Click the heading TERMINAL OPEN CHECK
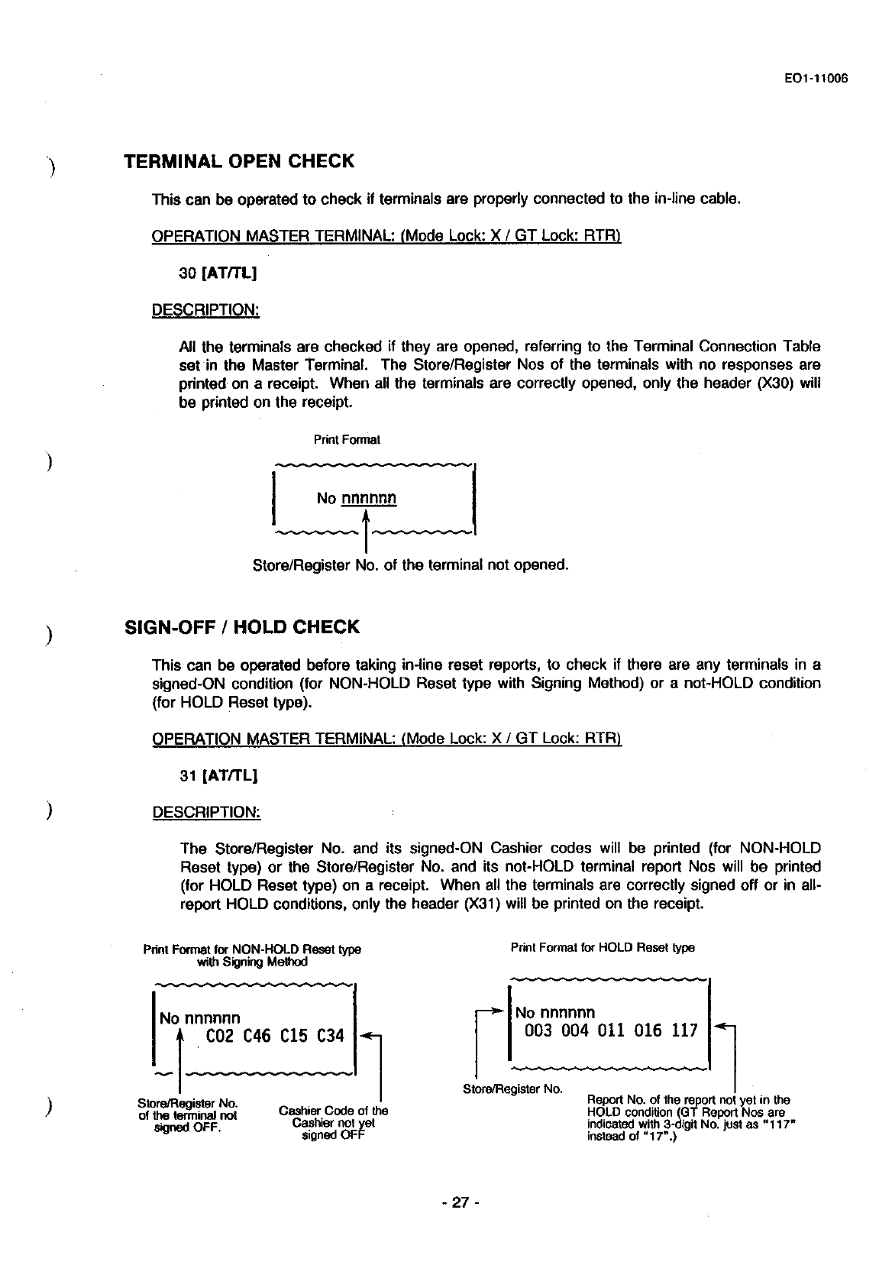click(239, 162)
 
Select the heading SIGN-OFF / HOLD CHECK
click(241, 628)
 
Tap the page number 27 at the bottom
click(457, 1202)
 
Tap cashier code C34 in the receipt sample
click(330, 1036)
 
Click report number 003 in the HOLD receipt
click(538, 1031)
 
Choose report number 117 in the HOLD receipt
click(684, 1031)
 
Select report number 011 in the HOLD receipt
click(611, 1031)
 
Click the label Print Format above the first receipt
click(347, 440)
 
